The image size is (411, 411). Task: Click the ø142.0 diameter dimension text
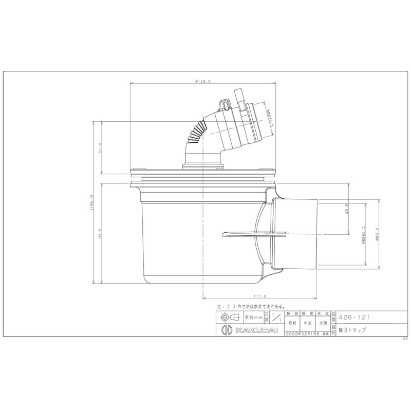204,81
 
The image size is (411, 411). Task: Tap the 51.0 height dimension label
100,147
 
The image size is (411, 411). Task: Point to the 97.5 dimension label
100,233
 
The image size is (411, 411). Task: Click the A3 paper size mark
404,340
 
